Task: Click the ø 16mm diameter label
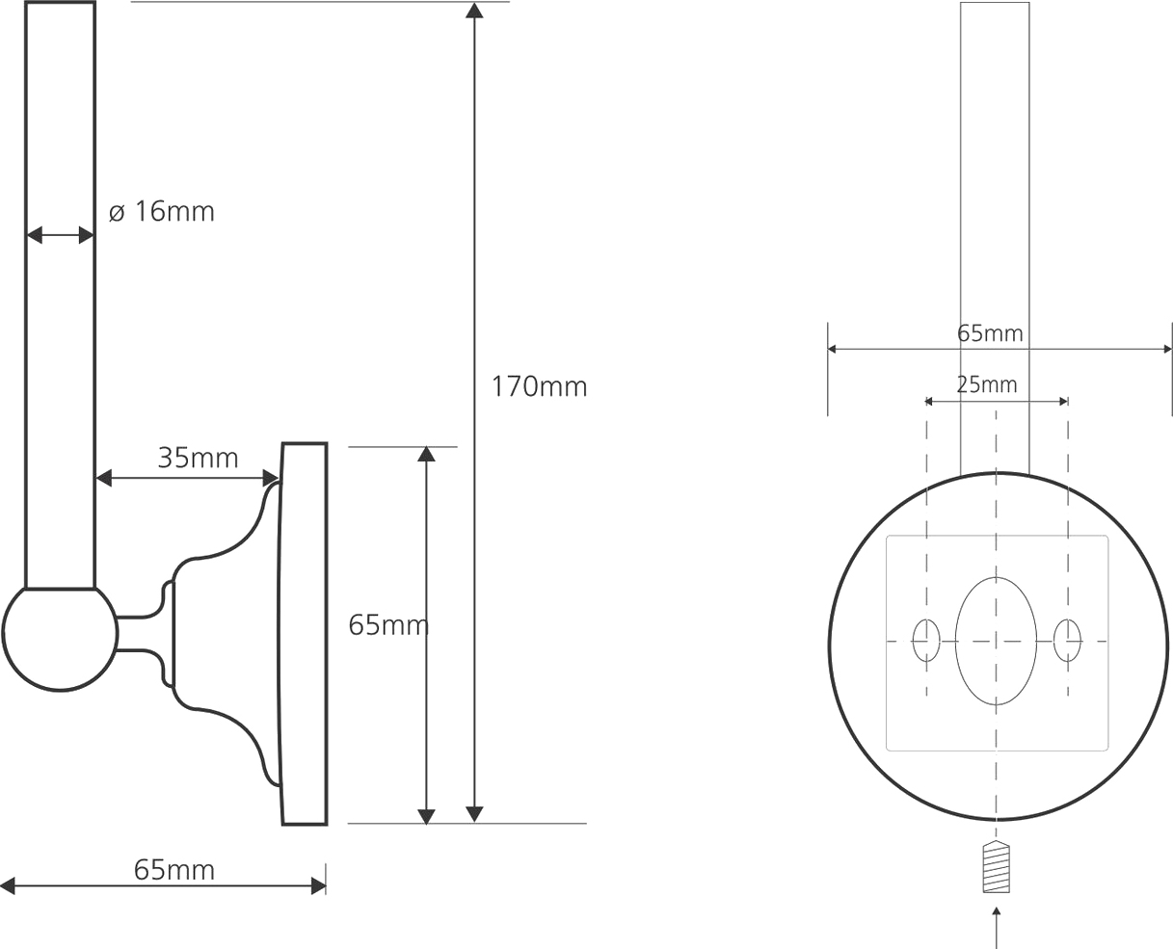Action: point(161,212)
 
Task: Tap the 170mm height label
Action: point(539,386)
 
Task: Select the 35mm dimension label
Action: point(198,458)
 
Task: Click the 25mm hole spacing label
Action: point(987,384)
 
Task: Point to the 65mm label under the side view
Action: point(174,870)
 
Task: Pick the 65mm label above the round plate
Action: point(990,333)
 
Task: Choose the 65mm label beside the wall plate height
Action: point(388,625)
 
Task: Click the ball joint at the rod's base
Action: point(60,639)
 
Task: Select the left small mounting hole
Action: point(926,640)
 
